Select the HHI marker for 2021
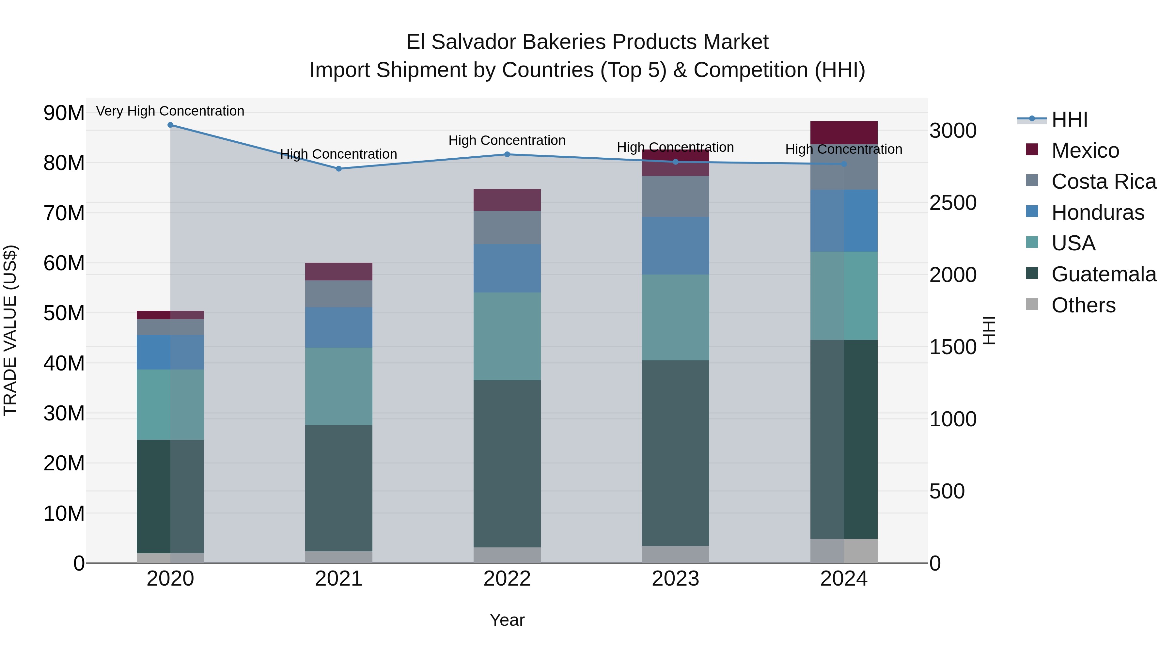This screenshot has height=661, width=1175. tap(338, 169)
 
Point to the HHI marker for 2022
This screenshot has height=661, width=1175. tap(507, 154)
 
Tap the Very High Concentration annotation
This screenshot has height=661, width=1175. tap(170, 111)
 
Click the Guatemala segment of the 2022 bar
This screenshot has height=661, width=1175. tap(507, 464)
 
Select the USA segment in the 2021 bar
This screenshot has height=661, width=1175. tap(338, 386)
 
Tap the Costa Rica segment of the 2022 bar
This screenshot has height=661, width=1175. tap(507, 227)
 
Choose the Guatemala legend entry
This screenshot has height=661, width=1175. tap(1104, 274)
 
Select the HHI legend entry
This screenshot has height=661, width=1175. tap(1069, 119)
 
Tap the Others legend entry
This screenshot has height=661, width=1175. tap(1083, 305)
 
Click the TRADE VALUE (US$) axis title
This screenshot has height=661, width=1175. tap(10, 330)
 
